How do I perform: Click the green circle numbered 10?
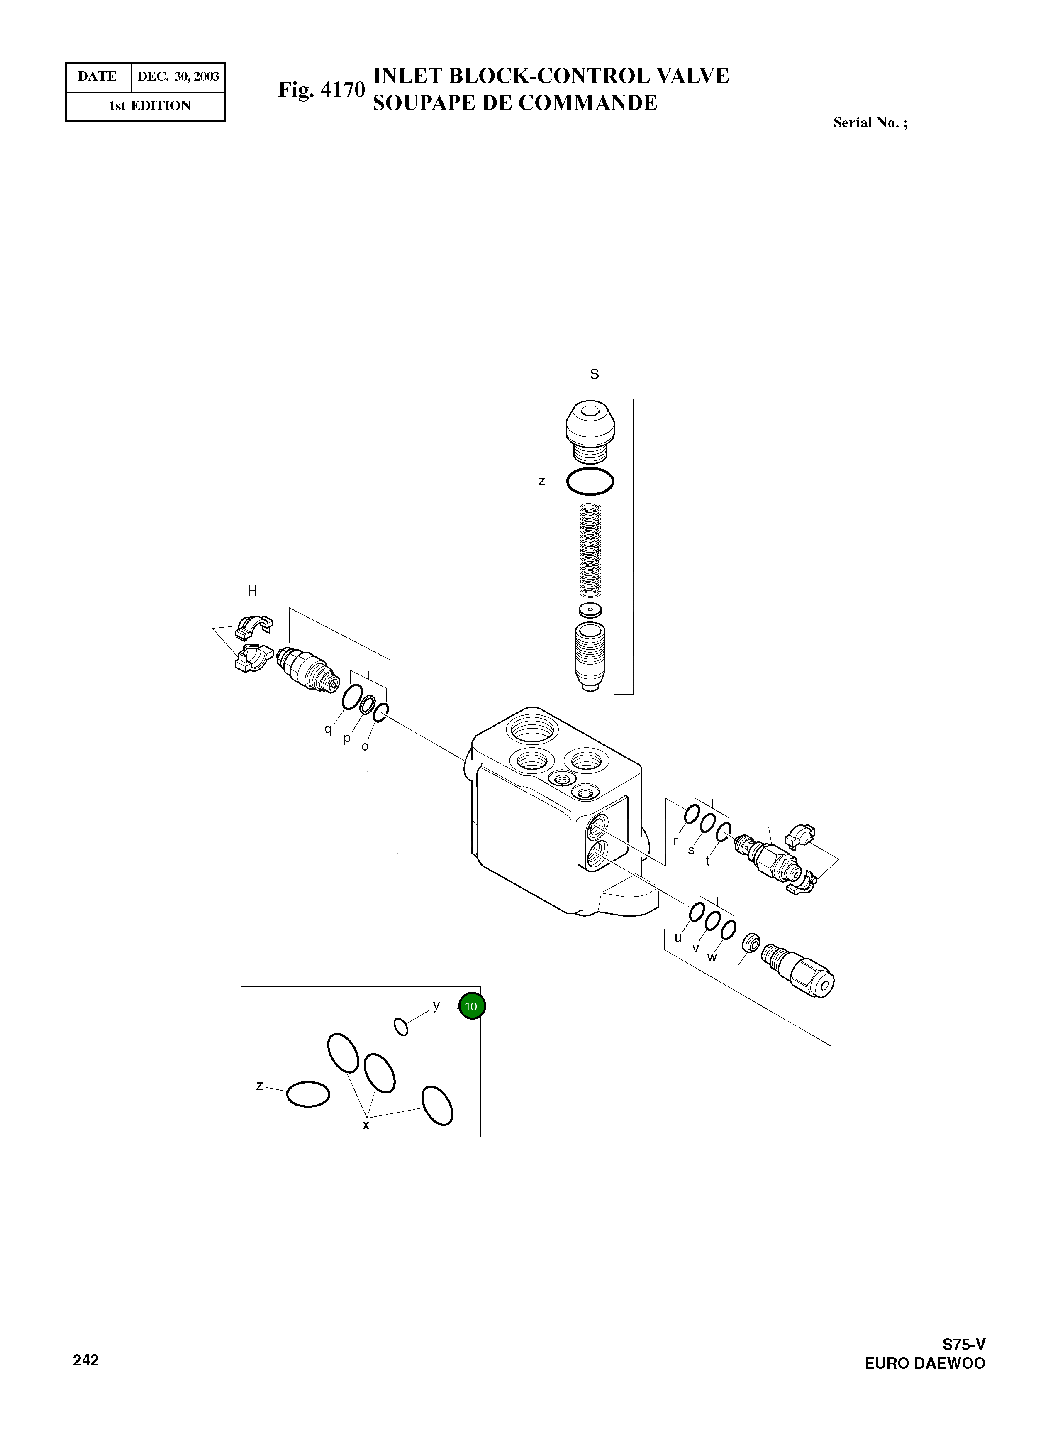471,1006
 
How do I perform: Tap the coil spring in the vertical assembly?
591,550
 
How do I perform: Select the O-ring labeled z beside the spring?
590,482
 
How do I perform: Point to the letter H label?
252,591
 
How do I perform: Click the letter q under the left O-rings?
328,729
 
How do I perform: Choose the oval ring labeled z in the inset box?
308,1093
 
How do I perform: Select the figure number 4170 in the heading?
343,90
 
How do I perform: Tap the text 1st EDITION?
150,106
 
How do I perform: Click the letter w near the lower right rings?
712,957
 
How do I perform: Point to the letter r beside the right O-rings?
675,840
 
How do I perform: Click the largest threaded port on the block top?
531,726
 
